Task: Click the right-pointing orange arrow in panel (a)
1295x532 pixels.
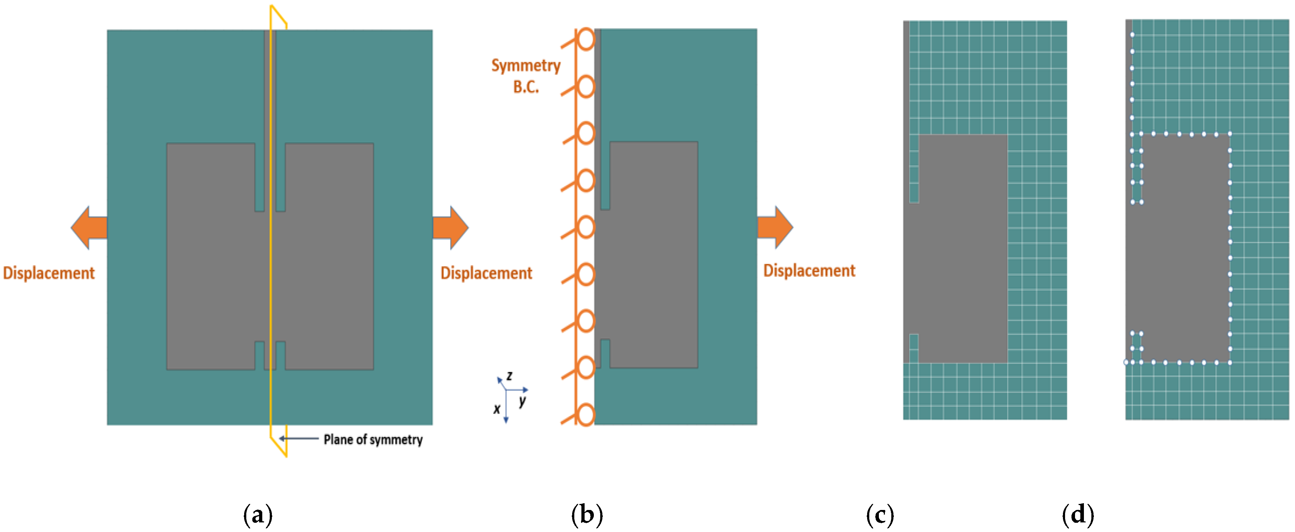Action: (x=450, y=228)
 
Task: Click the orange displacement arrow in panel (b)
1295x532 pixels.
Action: (x=775, y=227)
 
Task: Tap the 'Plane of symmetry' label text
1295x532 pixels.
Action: (x=373, y=440)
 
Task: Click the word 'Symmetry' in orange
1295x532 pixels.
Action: (x=526, y=66)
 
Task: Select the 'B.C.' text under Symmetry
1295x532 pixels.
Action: (x=526, y=87)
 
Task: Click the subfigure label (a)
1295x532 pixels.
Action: (x=258, y=515)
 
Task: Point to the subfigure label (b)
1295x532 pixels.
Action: (x=587, y=515)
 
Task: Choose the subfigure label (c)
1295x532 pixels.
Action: (x=880, y=515)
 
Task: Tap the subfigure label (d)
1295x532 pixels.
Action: (x=1078, y=515)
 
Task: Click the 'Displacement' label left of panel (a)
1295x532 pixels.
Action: (x=49, y=273)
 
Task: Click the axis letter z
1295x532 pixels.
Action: (x=510, y=376)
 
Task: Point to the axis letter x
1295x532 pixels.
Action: (x=497, y=409)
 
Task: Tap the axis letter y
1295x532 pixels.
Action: (x=523, y=401)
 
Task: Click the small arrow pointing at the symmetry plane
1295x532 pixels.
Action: (x=299, y=439)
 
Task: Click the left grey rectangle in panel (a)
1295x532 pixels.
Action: (x=210, y=257)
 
